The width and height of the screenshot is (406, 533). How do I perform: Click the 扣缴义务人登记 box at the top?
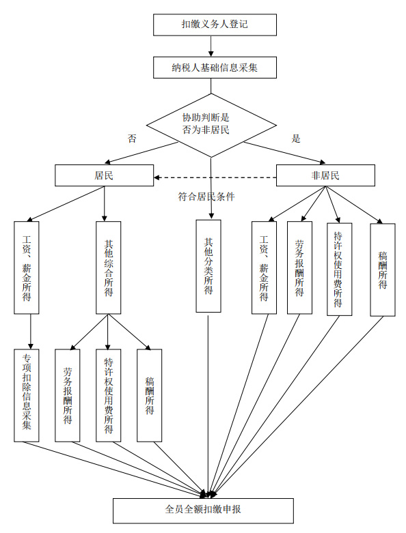coord(215,25)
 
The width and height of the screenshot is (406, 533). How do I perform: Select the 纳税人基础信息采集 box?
coord(215,68)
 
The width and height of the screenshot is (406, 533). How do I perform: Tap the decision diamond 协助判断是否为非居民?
coord(211,125)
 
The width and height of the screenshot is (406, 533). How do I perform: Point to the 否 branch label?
coord(132,139)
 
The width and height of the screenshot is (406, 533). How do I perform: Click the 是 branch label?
coord(296,139)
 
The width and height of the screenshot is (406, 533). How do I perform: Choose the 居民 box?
coord(104,175)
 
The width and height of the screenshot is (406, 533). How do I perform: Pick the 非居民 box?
coord(325,175)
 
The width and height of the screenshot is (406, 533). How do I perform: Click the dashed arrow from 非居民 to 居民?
coord(215,177)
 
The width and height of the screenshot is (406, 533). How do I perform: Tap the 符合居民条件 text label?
coord(206,197)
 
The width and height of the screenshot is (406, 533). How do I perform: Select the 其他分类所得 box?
coord(208,266)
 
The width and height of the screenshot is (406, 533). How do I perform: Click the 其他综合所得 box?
coord(108,268)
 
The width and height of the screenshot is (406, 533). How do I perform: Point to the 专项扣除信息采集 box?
coord(27,395)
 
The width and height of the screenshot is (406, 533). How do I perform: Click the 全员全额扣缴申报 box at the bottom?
coord(203,510)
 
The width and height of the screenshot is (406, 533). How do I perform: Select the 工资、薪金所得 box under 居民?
coord(27,268)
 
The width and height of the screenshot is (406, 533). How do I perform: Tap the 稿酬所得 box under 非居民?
coord(383,270)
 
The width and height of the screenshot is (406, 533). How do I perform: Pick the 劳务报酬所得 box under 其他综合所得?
coord(68,395)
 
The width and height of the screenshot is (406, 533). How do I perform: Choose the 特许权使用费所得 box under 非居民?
coord(339,269)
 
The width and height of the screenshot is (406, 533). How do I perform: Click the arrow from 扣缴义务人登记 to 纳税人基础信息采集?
coord(211,46)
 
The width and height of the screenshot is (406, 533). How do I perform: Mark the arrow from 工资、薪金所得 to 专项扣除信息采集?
coord(31,332)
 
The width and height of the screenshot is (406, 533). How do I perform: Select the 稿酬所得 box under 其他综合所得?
coord(150,395)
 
